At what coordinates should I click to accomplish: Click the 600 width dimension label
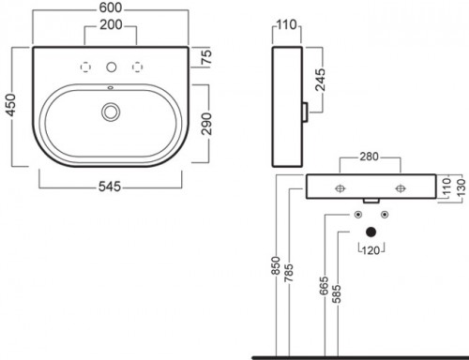pos(111,8)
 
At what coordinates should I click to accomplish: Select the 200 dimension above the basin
pos(111,24)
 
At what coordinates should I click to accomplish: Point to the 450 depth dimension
pos(10,105)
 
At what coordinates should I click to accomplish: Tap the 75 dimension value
pos(206,57)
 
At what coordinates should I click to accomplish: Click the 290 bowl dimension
pos(206,124)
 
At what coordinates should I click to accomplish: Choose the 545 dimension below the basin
pos(110,187)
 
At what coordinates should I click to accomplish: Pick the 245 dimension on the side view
pos(320,80)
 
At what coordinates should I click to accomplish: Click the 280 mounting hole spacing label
pos(369,157)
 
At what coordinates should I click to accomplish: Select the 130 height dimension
pos(462,187)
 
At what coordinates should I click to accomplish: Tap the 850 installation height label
pos(276,265)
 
